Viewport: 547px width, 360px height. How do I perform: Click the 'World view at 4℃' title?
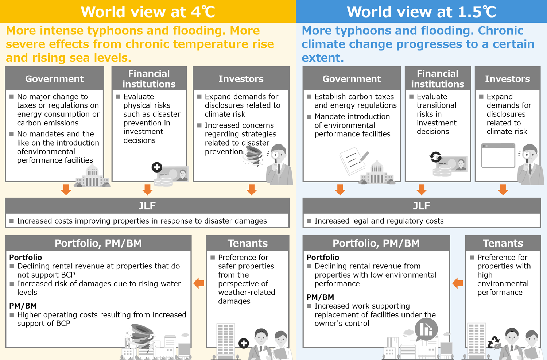pos(148,11)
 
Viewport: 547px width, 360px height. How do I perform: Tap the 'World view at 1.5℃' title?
pos(421,11)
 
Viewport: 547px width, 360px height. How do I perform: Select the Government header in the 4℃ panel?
pos(54,79)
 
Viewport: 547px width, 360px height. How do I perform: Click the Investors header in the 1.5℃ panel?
pos(508,79)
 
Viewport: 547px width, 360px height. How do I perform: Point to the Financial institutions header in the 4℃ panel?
pos(149,79)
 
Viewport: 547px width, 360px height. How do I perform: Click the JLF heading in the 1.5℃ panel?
pos(422,206)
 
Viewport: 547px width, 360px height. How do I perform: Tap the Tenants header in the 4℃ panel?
pos(248,243)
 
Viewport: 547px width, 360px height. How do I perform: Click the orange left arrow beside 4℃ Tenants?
pos(199,283)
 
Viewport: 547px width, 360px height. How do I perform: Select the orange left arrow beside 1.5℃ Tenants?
pos(457,283)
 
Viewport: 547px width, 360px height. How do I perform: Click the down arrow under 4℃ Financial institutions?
pos(147,190)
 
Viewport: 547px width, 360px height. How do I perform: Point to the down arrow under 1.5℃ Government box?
pos(340,190)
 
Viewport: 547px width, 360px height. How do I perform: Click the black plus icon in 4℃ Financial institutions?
pos(157,167)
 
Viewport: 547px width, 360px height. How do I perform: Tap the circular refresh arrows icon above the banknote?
pos(435,157)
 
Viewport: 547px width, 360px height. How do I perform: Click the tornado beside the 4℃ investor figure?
pos(254,156)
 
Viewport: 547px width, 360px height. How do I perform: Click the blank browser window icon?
pos(498,155)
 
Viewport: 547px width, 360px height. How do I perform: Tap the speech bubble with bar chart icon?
pos(426,330)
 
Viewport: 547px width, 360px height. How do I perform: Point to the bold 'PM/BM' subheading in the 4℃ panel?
pos(23,306)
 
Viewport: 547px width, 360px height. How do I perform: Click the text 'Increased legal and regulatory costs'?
pos(379,221)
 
